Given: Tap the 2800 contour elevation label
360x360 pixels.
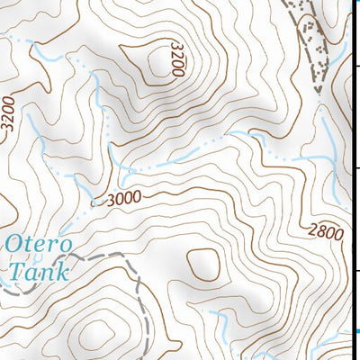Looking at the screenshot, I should pyautogui.click(x=323, y=231).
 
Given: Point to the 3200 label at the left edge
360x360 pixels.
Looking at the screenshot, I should pyautogui.click(x=9, y=115).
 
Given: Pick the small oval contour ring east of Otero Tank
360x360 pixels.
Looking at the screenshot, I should pyautogui.click(x=202, y=265).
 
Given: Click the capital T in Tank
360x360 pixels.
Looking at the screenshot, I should pyautogui.click(x=14, y=268).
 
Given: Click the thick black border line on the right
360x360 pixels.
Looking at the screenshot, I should pyautogui.click(x=350, y=180).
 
